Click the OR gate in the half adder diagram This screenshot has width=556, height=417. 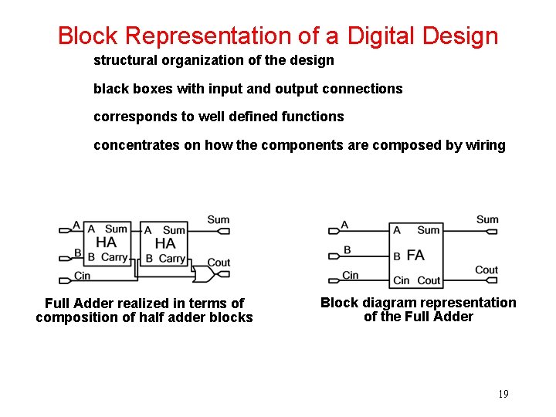click(x=204, y=274)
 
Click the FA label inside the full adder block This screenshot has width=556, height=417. click(x=415, y=256)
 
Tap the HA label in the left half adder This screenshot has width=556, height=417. click(x=107, y=242)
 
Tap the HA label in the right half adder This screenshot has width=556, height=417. click(x=165, y=243)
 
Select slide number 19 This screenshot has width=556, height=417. click(x=503, y=395)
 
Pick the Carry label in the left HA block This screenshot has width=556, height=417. click(x=114, y=257)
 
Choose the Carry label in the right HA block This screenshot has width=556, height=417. click(x=172, y=259)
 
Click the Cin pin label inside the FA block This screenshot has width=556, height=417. click(x=402, y=280)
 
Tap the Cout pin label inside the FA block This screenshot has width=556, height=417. click(x=429, y=280)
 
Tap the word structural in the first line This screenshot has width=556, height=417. click(x=124, y=60)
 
